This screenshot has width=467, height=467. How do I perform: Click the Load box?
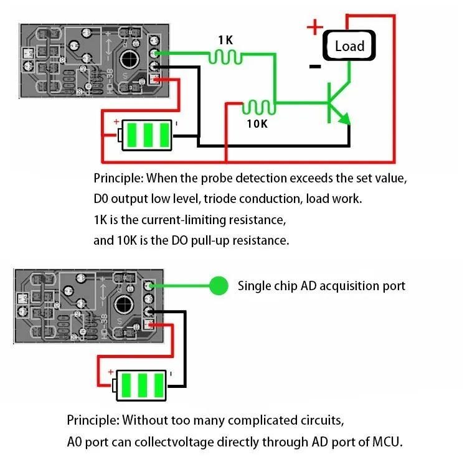click(x=349, y=45)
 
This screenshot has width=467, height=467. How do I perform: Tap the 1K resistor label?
click(x=225, y=40)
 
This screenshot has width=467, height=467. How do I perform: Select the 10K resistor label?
click(x=257, y=123)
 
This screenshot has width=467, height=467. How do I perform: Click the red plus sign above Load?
click(x=315, y=27)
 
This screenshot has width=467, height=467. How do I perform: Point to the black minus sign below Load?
click(x=315, y=65)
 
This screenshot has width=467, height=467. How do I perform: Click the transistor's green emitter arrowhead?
click(x=344, y=118)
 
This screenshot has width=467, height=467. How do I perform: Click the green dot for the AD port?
click(x=218, y=286)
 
